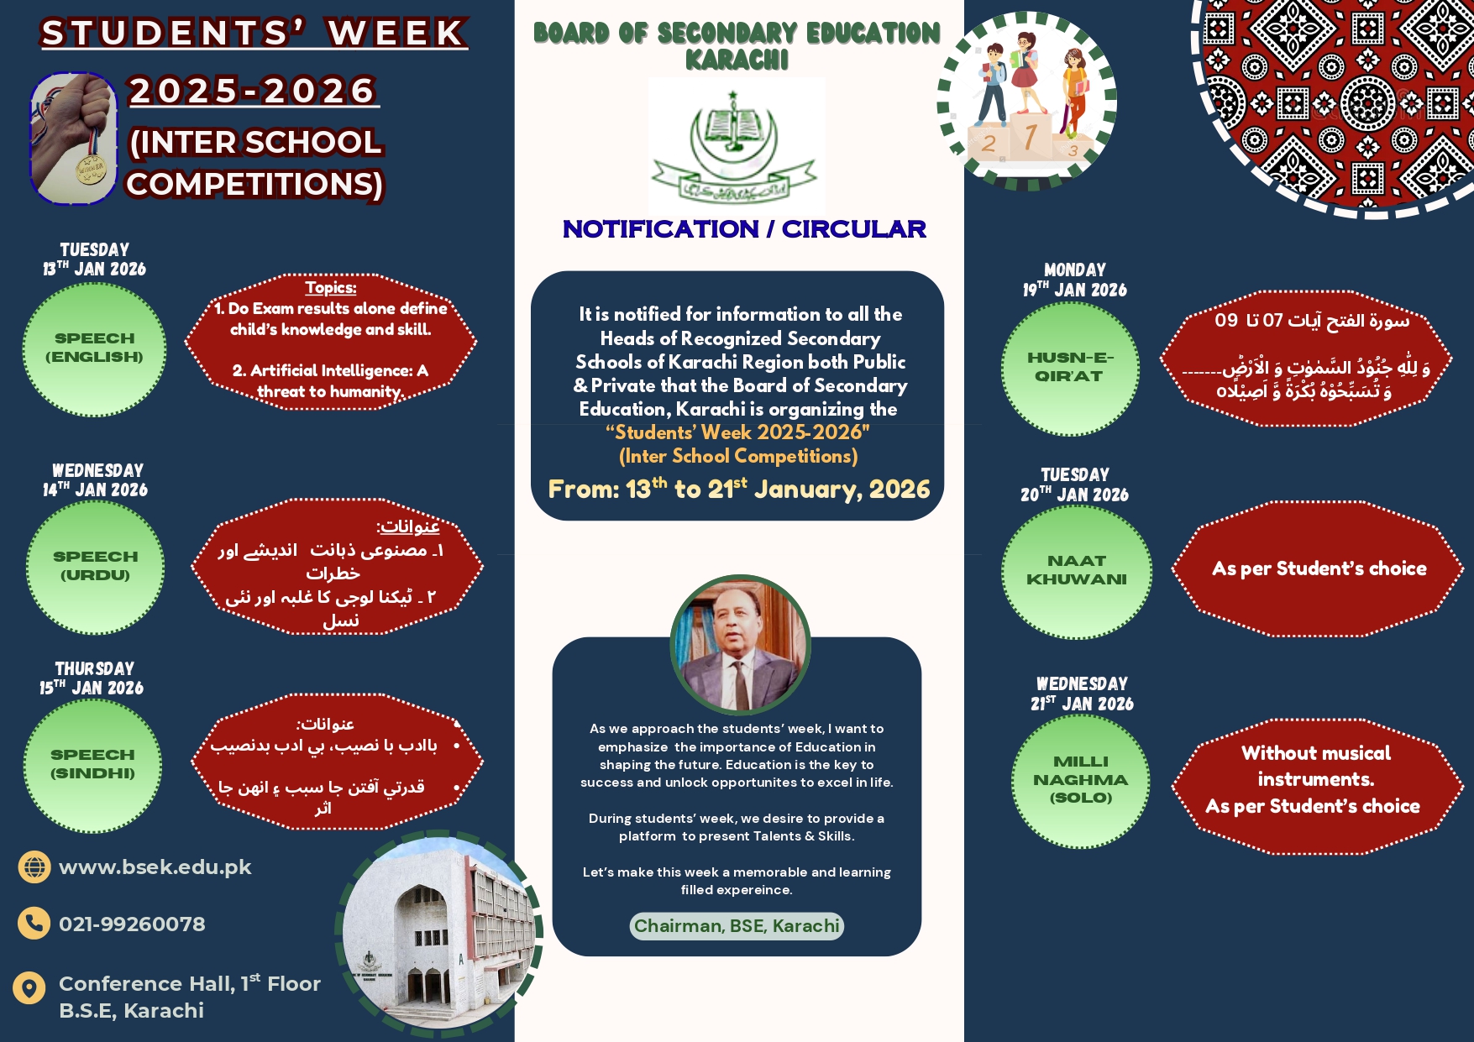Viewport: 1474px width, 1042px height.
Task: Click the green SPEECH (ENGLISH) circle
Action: pos(94,348)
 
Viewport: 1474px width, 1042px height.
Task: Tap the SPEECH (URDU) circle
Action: pos(95,567)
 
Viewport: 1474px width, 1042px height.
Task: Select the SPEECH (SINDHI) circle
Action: pos(92,765)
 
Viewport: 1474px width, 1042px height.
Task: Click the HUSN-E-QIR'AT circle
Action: pos(1070,368)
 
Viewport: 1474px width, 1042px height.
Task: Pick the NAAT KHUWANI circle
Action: pos(1076,571)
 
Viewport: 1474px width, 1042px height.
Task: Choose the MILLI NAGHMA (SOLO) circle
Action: pos(1080,780)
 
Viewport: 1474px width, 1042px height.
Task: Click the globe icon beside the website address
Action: pos(34,867)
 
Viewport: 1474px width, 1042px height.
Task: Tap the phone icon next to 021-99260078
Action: pos(34,924)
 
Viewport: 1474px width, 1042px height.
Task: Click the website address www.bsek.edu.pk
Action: pos(155,867)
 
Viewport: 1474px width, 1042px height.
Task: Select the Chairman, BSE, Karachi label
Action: pos(737,926)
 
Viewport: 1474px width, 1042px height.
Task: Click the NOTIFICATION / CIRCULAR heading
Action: pos(744,229)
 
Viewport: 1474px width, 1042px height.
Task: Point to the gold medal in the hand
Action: pos(91,170)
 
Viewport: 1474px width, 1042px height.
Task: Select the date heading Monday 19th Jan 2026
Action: pos(1075,280)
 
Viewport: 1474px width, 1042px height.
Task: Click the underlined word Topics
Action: pos(331,288)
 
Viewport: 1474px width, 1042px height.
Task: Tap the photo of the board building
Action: pos(438,932)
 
